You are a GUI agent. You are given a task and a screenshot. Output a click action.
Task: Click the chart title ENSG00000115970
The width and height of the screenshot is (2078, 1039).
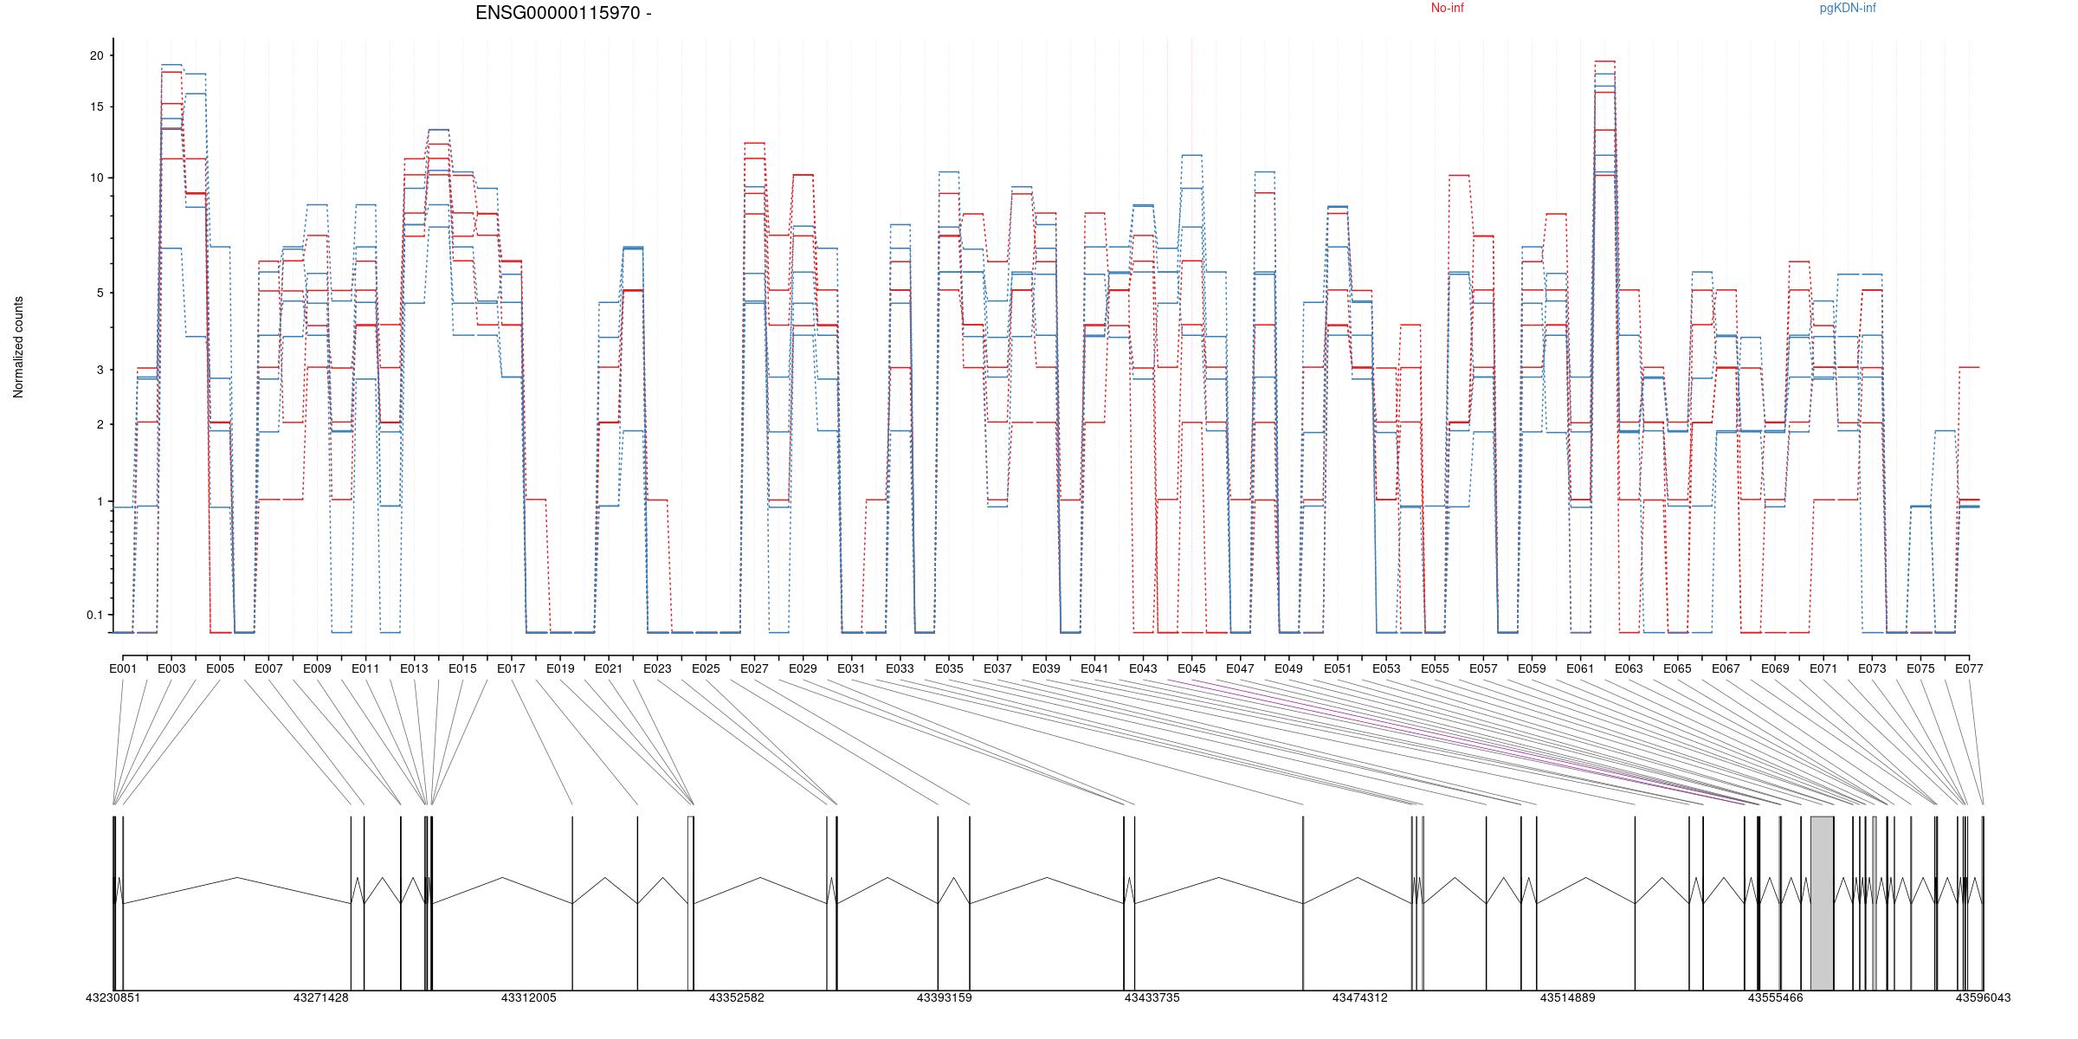(563, 13)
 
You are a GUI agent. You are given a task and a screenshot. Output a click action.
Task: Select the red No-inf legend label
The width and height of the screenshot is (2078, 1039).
(1447, 9)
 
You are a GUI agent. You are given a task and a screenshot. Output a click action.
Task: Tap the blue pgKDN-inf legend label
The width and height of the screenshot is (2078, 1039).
(1848, 9)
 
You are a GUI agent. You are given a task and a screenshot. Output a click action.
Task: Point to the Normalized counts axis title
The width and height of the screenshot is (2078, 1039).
(18, 347)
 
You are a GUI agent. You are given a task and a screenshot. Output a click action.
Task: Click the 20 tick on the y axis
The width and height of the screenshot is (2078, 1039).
(96, 55)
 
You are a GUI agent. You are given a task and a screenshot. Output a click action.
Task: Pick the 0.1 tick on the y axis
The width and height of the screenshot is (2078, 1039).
(94, 615)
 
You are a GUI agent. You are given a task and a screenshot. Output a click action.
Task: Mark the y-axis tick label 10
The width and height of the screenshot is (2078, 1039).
(96, 177)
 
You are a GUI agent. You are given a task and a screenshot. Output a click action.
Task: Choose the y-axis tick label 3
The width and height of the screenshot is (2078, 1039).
(100, 370)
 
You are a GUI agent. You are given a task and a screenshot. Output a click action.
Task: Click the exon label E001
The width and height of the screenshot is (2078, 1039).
(123, 668)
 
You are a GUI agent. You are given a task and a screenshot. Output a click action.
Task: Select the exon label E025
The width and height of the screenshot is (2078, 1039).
(706, 668)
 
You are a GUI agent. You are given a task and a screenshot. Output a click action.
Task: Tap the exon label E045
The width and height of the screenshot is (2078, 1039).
(1191, 668)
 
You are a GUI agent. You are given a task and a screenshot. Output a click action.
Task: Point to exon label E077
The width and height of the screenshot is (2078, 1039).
(1969, 668)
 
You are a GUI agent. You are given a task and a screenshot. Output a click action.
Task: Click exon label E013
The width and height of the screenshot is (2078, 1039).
(414, 668)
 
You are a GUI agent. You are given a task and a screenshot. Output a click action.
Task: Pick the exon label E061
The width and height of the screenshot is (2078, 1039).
(1580, 668)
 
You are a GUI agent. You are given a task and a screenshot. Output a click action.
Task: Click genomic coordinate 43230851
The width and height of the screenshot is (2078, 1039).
(113, 997)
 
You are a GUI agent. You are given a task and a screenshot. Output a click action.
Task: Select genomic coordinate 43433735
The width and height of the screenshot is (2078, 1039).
(1152, 997)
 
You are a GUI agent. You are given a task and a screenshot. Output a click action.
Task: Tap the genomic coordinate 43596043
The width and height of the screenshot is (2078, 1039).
(1983, 997)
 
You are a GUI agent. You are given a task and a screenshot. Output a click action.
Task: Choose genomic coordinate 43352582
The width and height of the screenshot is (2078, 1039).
(736, 997)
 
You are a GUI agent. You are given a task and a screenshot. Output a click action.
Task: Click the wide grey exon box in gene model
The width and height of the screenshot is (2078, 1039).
(1822, 902)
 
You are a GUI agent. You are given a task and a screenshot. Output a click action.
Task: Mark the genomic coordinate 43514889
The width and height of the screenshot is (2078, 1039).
(1567, 997)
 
